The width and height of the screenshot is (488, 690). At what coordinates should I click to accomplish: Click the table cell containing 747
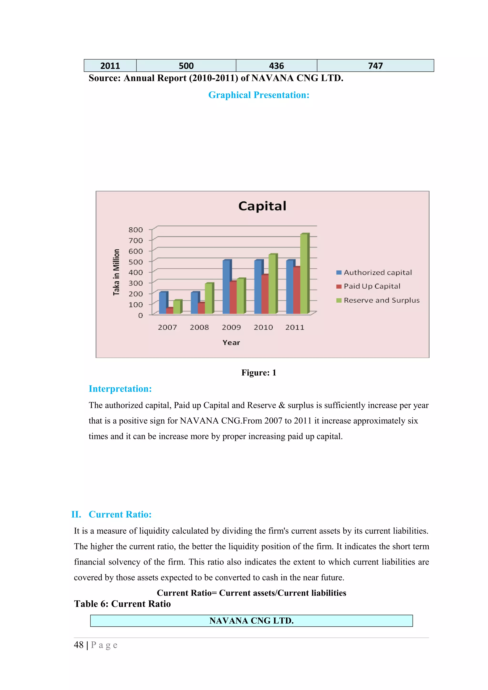click(375, 65)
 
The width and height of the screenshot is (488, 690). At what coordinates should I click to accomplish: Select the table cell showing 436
click(276, 65)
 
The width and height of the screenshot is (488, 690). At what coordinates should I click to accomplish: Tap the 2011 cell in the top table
click(110, 65)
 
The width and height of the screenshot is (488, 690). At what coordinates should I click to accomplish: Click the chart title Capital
click(262, 206)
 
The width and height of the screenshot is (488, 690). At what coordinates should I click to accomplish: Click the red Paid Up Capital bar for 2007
click(169, 311)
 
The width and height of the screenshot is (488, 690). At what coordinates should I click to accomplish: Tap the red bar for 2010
click(264, 294)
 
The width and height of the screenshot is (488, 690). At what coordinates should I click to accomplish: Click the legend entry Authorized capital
click(377, 273)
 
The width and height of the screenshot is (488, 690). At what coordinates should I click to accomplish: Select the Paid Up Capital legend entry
click(372, 286)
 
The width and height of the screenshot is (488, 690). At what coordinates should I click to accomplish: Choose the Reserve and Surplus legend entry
click(381, 300)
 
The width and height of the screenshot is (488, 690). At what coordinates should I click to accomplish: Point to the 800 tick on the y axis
click(136, 230)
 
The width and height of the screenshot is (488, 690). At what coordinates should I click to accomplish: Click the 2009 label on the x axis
click(231, 327)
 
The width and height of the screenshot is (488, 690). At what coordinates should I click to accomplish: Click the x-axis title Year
click(231, 343)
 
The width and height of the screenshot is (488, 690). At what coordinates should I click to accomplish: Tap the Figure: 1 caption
click(259, 373)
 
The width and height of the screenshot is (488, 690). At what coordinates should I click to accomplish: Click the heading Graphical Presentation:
click(259, 95)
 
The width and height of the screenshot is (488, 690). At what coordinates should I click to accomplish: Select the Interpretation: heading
click(120, 389)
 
